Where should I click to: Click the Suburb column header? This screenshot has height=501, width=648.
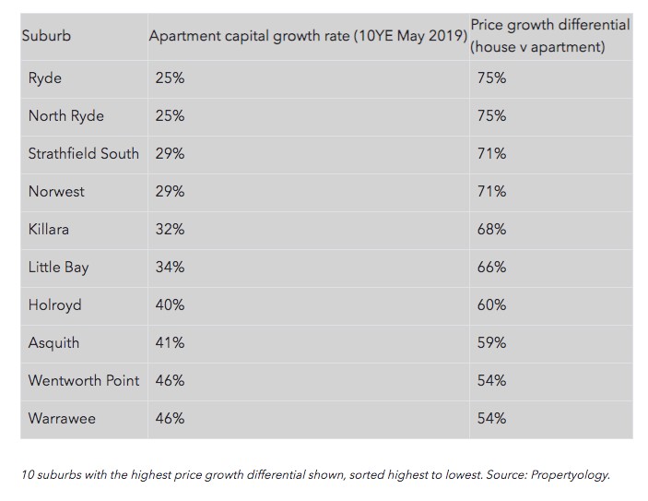coord(46,36)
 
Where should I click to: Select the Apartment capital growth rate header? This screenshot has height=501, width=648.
coord(308,36)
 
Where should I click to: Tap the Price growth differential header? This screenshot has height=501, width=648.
coord(549,35)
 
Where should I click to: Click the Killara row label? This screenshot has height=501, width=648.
coord(49,229)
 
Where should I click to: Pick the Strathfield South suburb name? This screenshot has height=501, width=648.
coord(84,153)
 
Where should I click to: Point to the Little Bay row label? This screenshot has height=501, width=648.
coord(58,267)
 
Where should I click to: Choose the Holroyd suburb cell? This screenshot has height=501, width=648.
coord(54,304)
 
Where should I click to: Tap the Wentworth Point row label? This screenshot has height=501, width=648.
coord(84,380)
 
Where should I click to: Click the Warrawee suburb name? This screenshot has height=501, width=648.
coord(62,418)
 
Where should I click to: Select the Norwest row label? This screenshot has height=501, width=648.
coord(56,191)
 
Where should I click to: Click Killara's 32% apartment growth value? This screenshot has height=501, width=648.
coord(170,229)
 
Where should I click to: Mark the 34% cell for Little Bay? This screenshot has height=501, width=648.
coord(170,267)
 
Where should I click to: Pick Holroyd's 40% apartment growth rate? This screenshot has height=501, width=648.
coord(170,304)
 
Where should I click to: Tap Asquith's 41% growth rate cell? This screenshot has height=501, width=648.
coord(170,342)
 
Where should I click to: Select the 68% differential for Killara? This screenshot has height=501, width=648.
coord(491,229)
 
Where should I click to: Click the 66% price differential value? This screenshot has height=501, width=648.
coord(491,267)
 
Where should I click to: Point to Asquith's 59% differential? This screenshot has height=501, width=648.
coord(491,342)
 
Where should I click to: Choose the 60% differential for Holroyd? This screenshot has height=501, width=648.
coord(491,304)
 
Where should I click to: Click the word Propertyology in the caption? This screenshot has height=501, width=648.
coord(565,475)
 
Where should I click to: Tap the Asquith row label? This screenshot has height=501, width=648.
coord(53,342)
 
